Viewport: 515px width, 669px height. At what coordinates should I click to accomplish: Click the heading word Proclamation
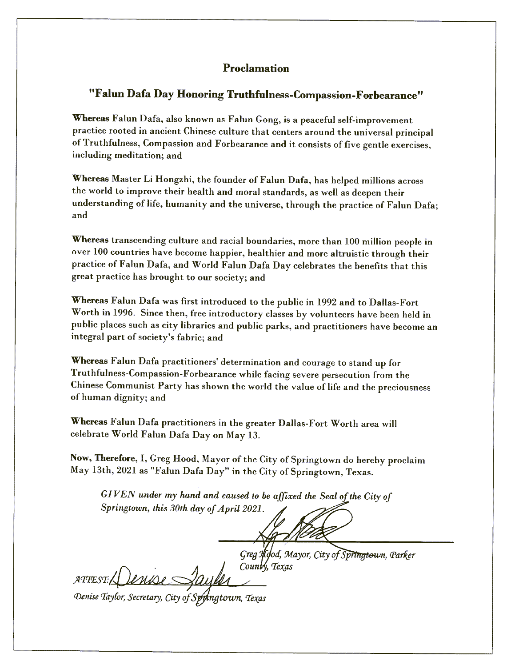[256, 68]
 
